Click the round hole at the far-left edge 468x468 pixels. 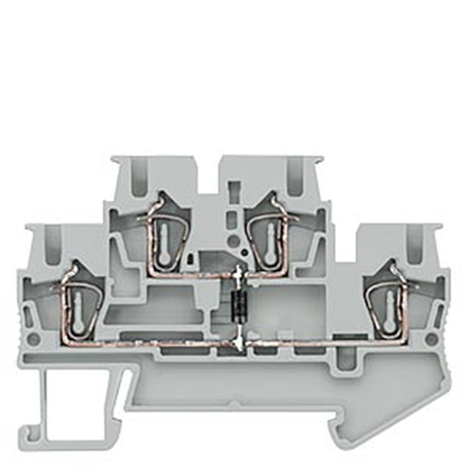[x=33, y=339]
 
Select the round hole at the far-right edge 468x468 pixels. [x=432, y=339]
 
